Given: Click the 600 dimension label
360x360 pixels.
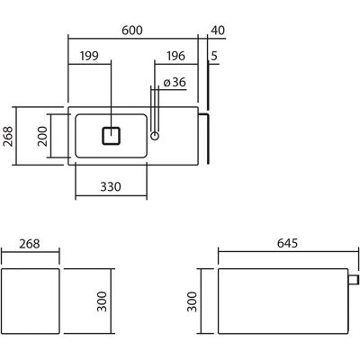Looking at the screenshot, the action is pos(132,31).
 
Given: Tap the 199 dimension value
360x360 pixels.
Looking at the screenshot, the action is pos(89,56).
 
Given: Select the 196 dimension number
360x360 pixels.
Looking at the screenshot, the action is pos(175,56).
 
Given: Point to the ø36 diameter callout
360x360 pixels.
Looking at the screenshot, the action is pos(175,82).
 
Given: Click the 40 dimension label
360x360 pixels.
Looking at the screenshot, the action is pos(218,31).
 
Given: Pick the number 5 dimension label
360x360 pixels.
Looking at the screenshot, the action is pos(214,56).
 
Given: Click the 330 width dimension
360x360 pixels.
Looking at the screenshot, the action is pos(111,186).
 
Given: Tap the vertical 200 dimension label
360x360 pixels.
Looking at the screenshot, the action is pos(42,136).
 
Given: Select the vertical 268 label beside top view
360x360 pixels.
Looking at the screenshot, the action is pos(8,136).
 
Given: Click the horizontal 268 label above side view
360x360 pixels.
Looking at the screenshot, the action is pos(30,244).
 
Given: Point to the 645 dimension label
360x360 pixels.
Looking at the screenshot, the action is pos(287,243).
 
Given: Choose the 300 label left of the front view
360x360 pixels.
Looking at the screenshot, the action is pos(192,301).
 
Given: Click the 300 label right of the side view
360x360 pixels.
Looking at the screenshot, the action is pos(102,301).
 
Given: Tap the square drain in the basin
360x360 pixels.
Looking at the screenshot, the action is pos(112,136).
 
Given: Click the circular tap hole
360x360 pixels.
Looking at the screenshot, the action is pos(155,136).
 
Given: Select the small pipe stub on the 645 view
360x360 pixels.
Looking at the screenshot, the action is pos(354,280).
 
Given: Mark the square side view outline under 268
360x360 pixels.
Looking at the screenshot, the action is pos(31,301).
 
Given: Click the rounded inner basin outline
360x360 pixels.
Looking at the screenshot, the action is pos(111,114).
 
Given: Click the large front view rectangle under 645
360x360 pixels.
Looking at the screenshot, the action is pos(283,301).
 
